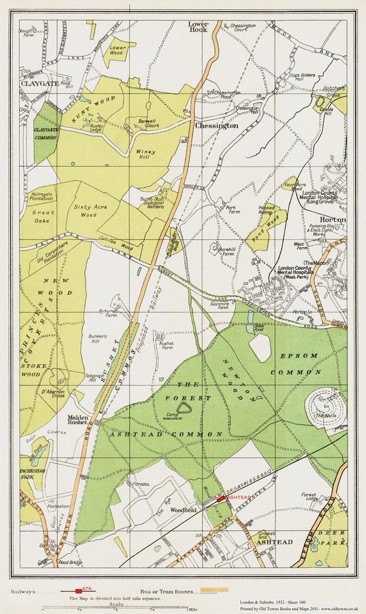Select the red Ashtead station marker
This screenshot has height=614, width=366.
pyautogui.click(x=221, y=498)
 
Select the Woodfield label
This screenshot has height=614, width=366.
pyautogui.click(x=184, y=510)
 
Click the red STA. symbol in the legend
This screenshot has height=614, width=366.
pyautogui.click(x=79, y=590)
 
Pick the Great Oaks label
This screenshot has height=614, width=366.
pyautogui.click(x=44, y=216)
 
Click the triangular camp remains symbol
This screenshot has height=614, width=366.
pyautogui.click(x=184, y=408)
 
